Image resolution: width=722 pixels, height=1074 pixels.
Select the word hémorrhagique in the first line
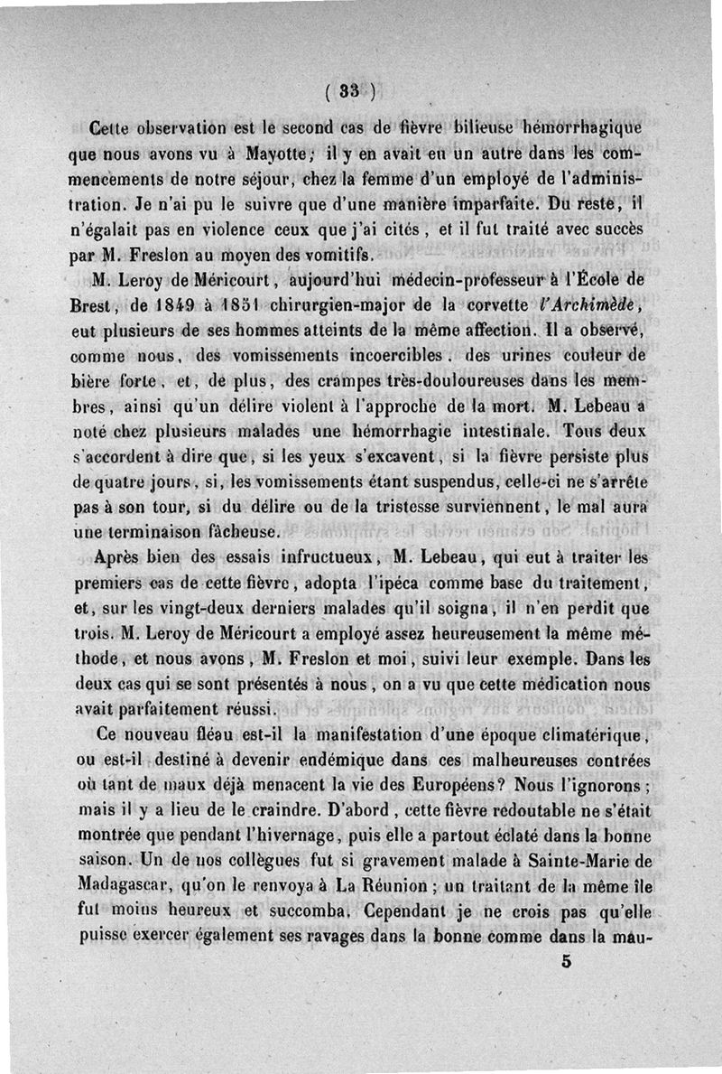[x=590, y=126]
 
